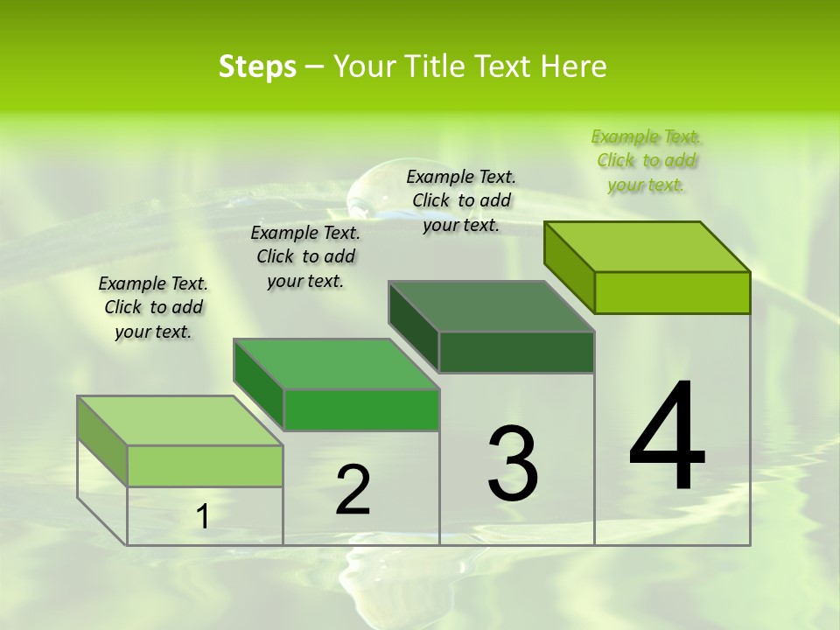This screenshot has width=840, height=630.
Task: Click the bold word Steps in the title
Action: coord(257,66)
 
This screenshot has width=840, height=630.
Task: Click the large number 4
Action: coord(667,437)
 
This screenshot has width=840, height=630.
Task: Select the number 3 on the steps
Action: coord(513,464)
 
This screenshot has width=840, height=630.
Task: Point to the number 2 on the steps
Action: coord(353,491)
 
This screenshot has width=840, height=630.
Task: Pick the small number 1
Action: coord(203,517)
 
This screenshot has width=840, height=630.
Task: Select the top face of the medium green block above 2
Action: coord(336,364)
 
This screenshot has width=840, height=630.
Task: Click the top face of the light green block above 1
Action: coord(179,421)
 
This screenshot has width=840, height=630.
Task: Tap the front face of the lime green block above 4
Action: coord(672,292)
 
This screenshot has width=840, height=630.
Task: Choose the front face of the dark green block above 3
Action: coord(516,352)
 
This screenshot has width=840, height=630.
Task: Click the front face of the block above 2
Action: coord(361,409)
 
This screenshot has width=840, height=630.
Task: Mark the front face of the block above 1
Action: coord(205,465)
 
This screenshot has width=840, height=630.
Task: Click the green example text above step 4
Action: coord(646,161)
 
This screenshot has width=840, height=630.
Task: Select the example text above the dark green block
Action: coord(461,201)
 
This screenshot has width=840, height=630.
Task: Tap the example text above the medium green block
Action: coord(305,256)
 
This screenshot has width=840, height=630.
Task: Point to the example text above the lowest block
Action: coord(153,307)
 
